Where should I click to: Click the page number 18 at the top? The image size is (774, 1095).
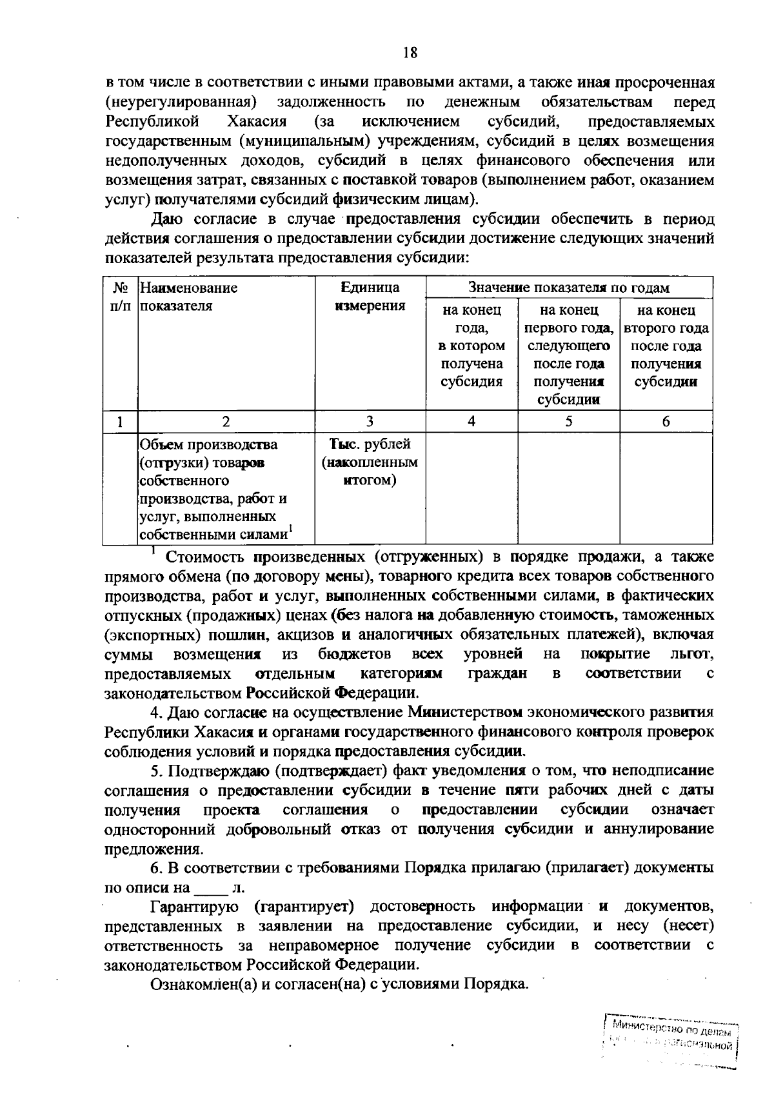pos(410,53)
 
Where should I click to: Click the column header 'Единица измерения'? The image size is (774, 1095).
pos(370,297)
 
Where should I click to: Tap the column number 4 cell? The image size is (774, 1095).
pos(471,422)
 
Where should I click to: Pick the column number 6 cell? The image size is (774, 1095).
pos(666,422)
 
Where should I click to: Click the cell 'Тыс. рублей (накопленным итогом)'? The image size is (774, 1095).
pos(370,462)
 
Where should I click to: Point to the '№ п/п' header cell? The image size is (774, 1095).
pos(120,297)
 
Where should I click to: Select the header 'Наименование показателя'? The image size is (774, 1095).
pos(189,297)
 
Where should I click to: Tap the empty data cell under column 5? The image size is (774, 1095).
pos(568,488)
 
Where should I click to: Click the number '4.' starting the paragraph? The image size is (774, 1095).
pos(156,713)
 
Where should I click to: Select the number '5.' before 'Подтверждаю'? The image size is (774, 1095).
pos(156,771)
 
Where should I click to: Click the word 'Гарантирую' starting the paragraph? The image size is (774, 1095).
pos(194,907)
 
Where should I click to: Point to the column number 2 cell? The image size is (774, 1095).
pos(226,422)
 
